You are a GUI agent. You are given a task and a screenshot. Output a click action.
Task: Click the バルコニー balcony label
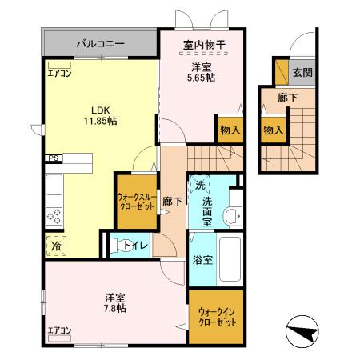point(100,42)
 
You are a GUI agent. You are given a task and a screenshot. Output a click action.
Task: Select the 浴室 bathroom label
point(202,260)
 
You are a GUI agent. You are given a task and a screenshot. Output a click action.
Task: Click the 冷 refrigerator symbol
point(56,247)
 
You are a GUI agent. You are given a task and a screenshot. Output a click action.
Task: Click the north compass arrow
point(303,330)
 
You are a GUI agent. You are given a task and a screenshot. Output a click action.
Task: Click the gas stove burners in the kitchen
point(55,215)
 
